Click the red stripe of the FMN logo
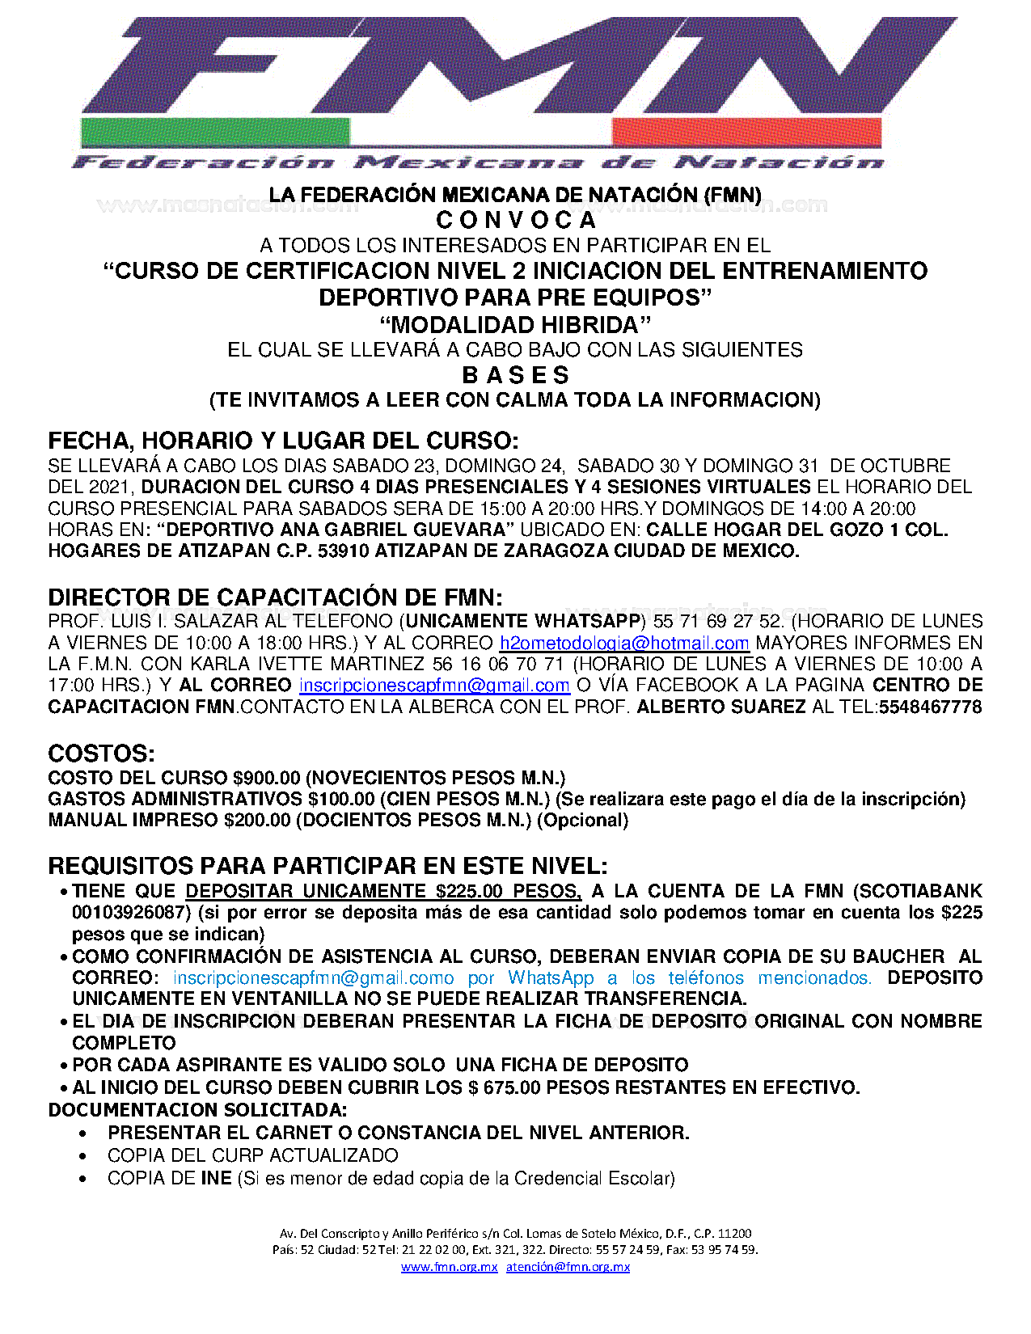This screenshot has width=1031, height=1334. point(746,132)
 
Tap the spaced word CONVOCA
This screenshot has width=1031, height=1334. point(516,220)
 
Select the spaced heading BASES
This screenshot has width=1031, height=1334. point(516,375)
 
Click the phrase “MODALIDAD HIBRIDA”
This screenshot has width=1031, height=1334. point(515,325)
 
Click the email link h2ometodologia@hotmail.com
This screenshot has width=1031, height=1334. point(624,643)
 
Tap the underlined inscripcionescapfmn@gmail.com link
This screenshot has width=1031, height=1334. point(434,686)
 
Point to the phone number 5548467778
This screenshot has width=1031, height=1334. point(930,707)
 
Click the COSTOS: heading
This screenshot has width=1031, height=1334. point(101,754)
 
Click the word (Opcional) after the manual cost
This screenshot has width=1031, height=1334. point(582,820)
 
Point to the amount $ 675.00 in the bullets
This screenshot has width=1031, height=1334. point(504,1087)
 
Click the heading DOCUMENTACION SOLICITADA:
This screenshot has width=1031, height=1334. point(197,1109)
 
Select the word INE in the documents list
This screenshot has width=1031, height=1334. point(216,1178)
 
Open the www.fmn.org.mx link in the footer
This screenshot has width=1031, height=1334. point(449,1267)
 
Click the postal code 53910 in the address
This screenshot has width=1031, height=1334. point(344,551)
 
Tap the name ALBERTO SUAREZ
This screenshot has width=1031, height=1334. point(721,707)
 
